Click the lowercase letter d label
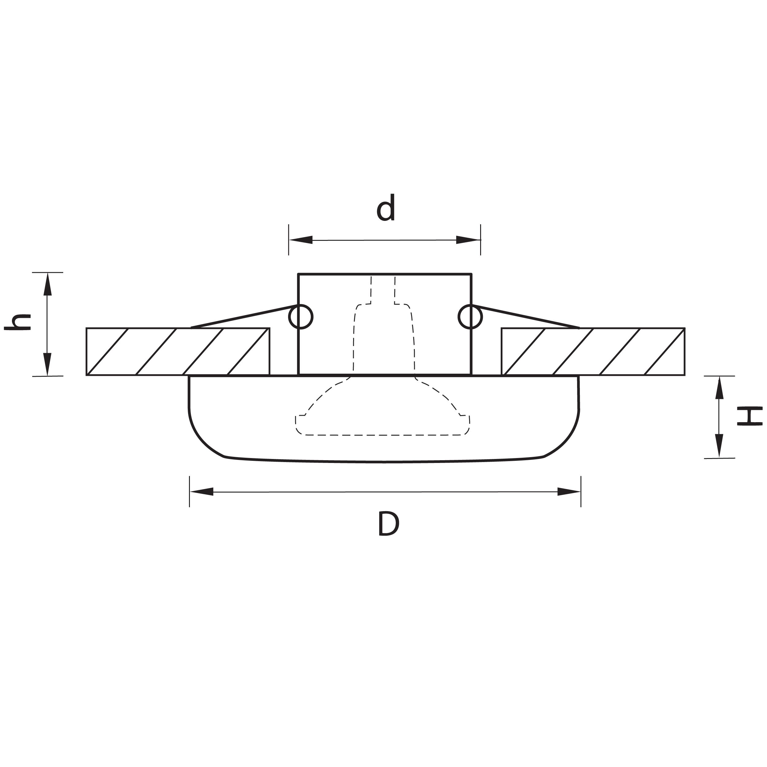coord(385,208)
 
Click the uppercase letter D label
coord(388,524)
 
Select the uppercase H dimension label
coord(749,416)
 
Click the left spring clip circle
coord(301,317)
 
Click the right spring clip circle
coord(470,317)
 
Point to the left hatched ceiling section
coord(178,351)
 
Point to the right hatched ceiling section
coord(593,351)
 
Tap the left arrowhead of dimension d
coord(301,240)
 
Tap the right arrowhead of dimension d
coord(468,240)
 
